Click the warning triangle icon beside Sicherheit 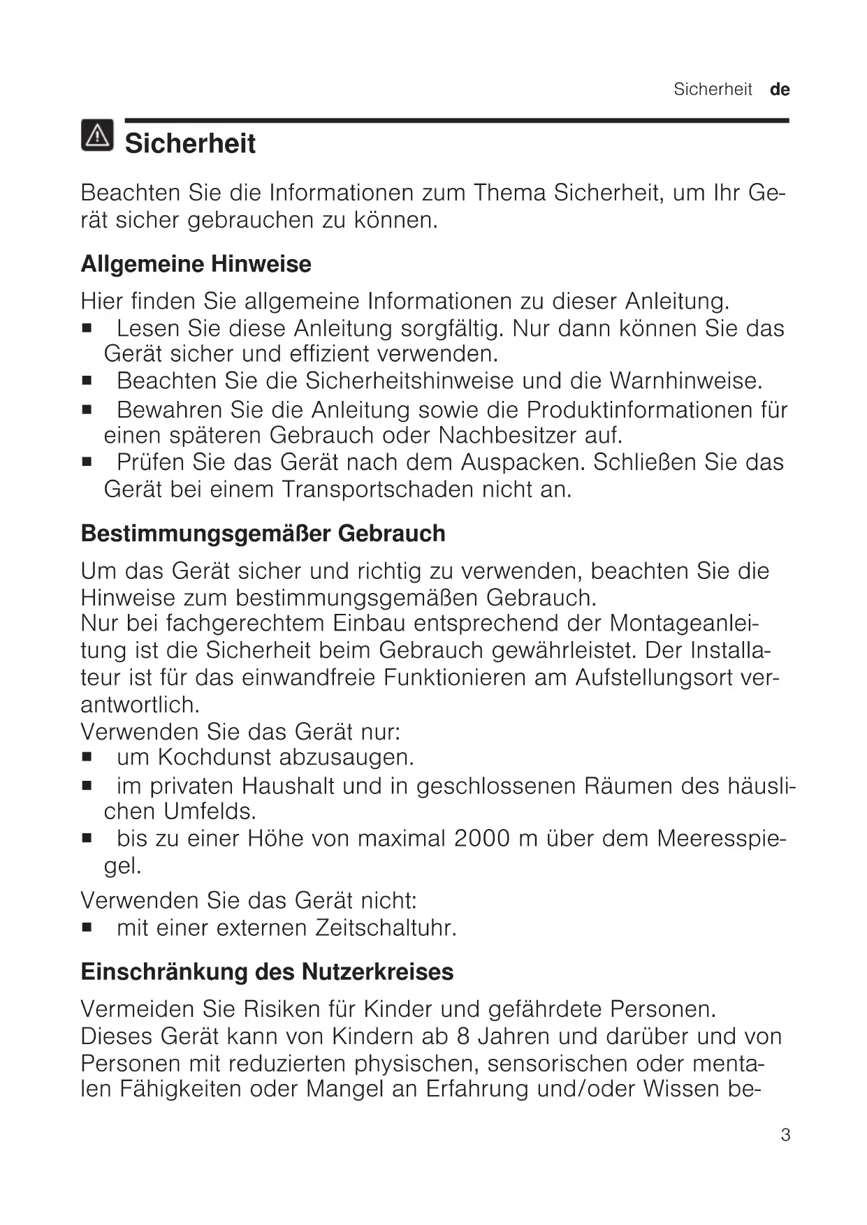(x=96, y=135)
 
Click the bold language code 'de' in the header (x=780, y=89)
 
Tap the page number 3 (x=785, y=1135)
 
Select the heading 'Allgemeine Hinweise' (x=196, y=264)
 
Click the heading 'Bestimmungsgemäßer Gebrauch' (x=263, y=534)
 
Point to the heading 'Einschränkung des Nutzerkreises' (x=267, y=971)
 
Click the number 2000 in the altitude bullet (x=482, y=838)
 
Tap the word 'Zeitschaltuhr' (x=386, y=928)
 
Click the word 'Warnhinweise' (x=685, y=381)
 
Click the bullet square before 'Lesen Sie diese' (x=87, y=328)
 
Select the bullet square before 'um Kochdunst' (x=87, y=758)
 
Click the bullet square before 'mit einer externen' (x=87, y=929)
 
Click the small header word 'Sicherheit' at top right (x=713, y=89)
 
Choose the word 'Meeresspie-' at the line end (x=722, y=838)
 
